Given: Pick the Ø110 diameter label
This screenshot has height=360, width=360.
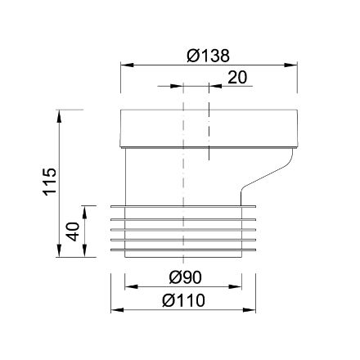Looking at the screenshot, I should (183, 300).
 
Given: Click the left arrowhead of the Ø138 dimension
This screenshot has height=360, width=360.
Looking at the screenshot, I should (126, 64).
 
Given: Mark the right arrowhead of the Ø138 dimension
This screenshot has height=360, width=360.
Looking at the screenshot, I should (291, 64).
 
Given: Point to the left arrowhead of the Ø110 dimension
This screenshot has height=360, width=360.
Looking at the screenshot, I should (115, 310).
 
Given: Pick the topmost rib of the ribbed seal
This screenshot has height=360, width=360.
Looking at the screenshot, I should (184, 205).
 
